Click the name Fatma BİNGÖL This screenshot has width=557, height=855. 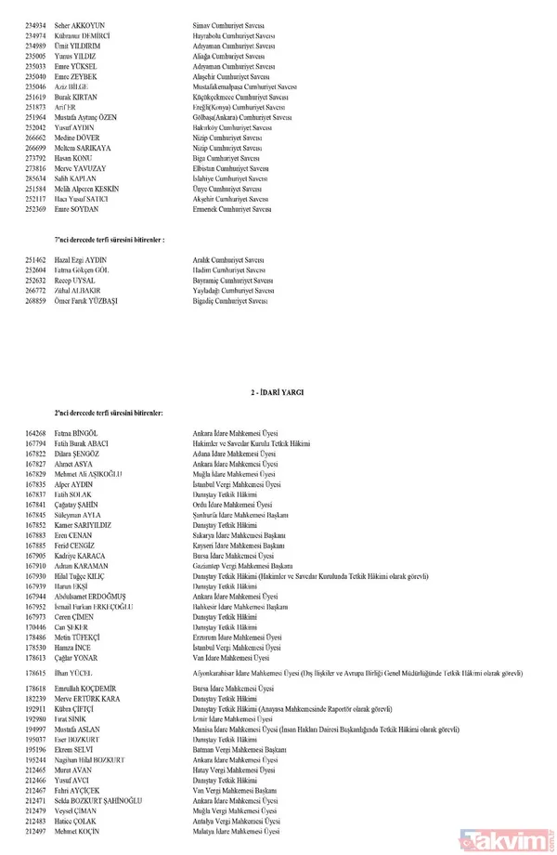coord(78,433)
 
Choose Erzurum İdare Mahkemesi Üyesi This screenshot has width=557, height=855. coord(238,638)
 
